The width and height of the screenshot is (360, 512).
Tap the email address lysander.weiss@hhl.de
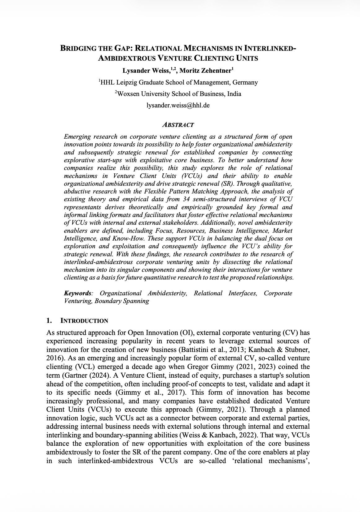tap(178, 105)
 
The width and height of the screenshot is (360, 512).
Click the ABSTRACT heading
tap(178, 125)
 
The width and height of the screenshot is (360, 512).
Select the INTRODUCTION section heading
tap(85, 321)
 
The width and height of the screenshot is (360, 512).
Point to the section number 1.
tap(48, 321)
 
